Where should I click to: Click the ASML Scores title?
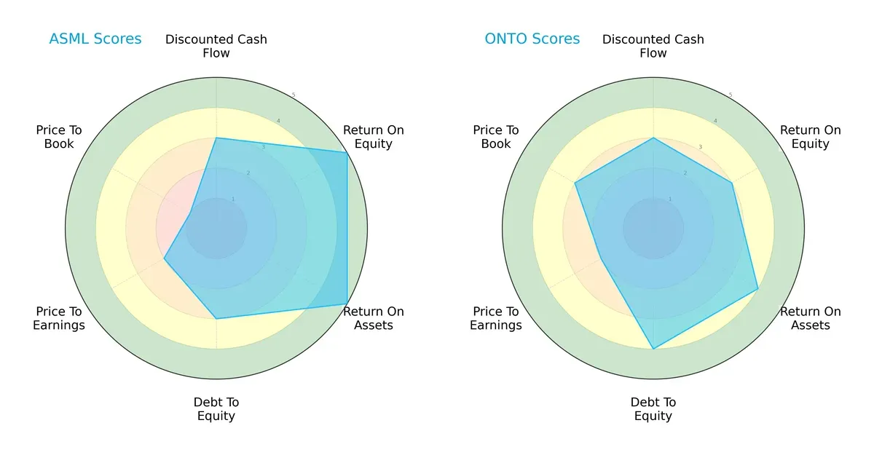click(95, 39)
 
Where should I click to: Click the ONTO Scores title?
click(532, 39)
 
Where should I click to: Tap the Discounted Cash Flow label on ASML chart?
click(216, 46)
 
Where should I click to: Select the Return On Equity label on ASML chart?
click(374, 137)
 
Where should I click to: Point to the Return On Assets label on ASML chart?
click(374, 318)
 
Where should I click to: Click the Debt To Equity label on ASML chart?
click(216, 409)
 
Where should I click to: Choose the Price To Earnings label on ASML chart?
click(59, 318)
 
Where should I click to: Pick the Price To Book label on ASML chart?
click(59, 137)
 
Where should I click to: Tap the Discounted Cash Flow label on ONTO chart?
click(653, 46)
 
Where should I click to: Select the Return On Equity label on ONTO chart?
click(811, 137)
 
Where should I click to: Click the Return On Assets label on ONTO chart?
click(811, 318)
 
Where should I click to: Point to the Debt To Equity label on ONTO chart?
click(653, 409)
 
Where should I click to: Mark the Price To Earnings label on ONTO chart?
click(496, 318)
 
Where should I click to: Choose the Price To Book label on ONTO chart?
click(496, 137)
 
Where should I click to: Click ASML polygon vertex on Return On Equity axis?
click(347, 152)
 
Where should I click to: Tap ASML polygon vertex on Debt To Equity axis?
click(216, 319)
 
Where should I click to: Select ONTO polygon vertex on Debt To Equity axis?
click(653, 349)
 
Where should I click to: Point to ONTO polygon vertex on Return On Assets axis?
click(758, 289)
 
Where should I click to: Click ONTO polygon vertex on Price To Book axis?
click(575, 183)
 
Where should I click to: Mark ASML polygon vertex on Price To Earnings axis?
click(164, 258)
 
